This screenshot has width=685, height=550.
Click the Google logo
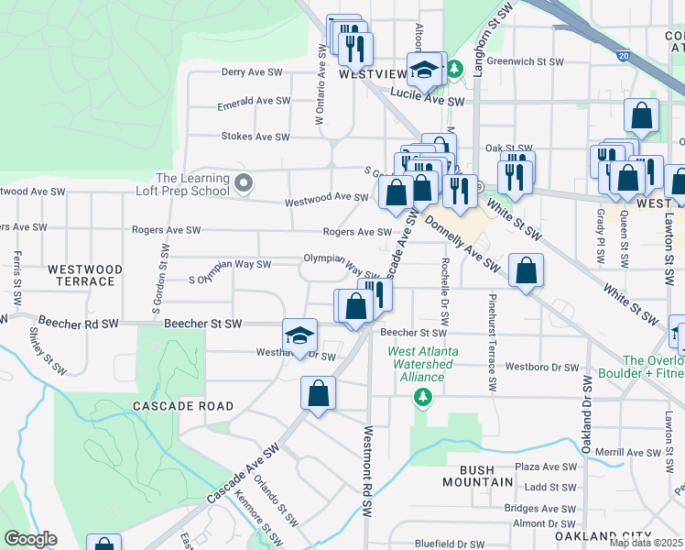click(29, 539)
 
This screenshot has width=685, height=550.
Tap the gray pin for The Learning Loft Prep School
click(243, 184)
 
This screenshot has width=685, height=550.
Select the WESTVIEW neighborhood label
click(372, 74)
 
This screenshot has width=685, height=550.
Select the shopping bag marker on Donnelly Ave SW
click(526, 270)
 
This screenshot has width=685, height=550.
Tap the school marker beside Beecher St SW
click(299, 335)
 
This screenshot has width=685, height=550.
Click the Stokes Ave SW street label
click(256, 137)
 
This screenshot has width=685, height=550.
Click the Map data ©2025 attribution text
click(647, 543)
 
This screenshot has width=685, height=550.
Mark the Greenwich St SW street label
click(525, 61)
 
